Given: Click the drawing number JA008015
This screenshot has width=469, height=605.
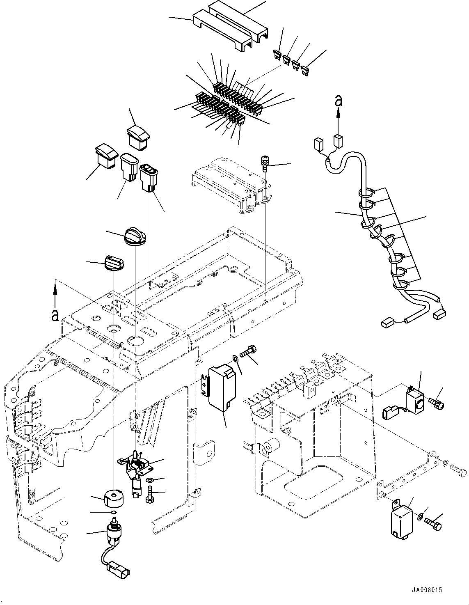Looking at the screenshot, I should pyautogui.click(x=428, y=590).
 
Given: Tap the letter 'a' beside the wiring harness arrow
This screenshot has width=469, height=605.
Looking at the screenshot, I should pyautogui.click(x=338, y=100).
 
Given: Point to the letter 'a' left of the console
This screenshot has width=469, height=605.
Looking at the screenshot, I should pyautogui.click(x=54, y=315).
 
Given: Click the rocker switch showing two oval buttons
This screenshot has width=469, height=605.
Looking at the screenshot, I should pyautogui.click(x=148, y=177).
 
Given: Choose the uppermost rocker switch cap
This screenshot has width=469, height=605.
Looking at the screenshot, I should pyautogui.click(x=140, y=136).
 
